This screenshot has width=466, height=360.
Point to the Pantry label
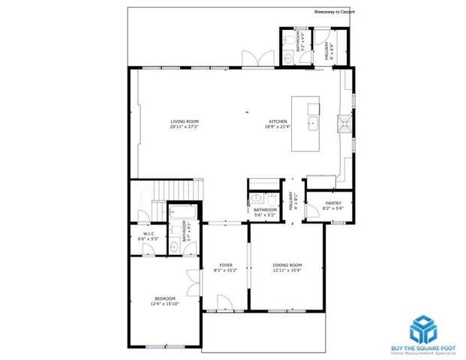(332, 203)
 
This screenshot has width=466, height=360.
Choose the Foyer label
(225, 265)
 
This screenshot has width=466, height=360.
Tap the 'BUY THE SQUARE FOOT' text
(423, 348)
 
